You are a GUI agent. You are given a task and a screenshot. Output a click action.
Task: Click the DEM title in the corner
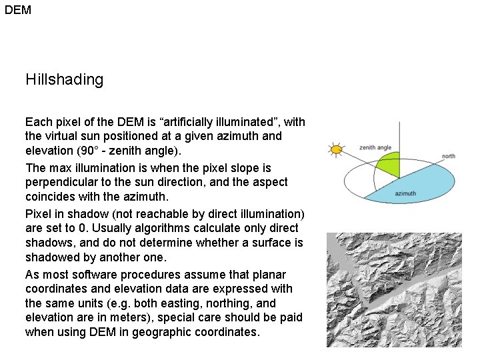point(18,10)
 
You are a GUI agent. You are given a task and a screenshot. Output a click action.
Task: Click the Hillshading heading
point(65,80)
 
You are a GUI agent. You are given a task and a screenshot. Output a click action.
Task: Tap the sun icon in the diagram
point(336,149)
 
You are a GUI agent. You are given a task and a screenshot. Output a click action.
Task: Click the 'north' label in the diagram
point(449,156)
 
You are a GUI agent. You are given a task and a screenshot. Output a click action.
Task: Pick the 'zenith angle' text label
point(375,147)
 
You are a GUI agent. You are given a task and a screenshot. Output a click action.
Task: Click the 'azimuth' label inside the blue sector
point(405,194)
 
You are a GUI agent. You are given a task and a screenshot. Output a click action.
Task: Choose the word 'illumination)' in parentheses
point(271,214)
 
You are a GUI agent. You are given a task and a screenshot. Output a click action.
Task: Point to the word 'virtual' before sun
point(62,136)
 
